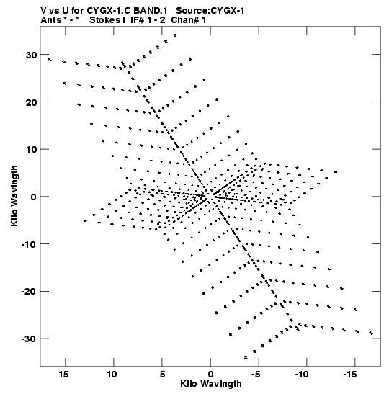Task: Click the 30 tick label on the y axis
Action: (31, 55)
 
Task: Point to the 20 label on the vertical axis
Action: (31, 102)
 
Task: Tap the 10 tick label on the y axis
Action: (31, 150)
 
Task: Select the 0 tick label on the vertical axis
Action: (34, 197)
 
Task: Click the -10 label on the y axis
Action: (29, 244)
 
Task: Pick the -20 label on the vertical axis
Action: (29, 292)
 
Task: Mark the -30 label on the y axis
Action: (29, 339)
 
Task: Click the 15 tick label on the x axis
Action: (64, 375)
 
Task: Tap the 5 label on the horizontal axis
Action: (162, 375)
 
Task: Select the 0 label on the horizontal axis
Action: (210, 375)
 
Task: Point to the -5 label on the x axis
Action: (256, 375)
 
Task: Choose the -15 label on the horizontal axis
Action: (351, 375)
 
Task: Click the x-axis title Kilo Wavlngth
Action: (211, 384)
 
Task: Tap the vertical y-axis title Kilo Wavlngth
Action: (14, 196)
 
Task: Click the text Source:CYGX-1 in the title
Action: (210, 11)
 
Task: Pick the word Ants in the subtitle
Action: (50, 20)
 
